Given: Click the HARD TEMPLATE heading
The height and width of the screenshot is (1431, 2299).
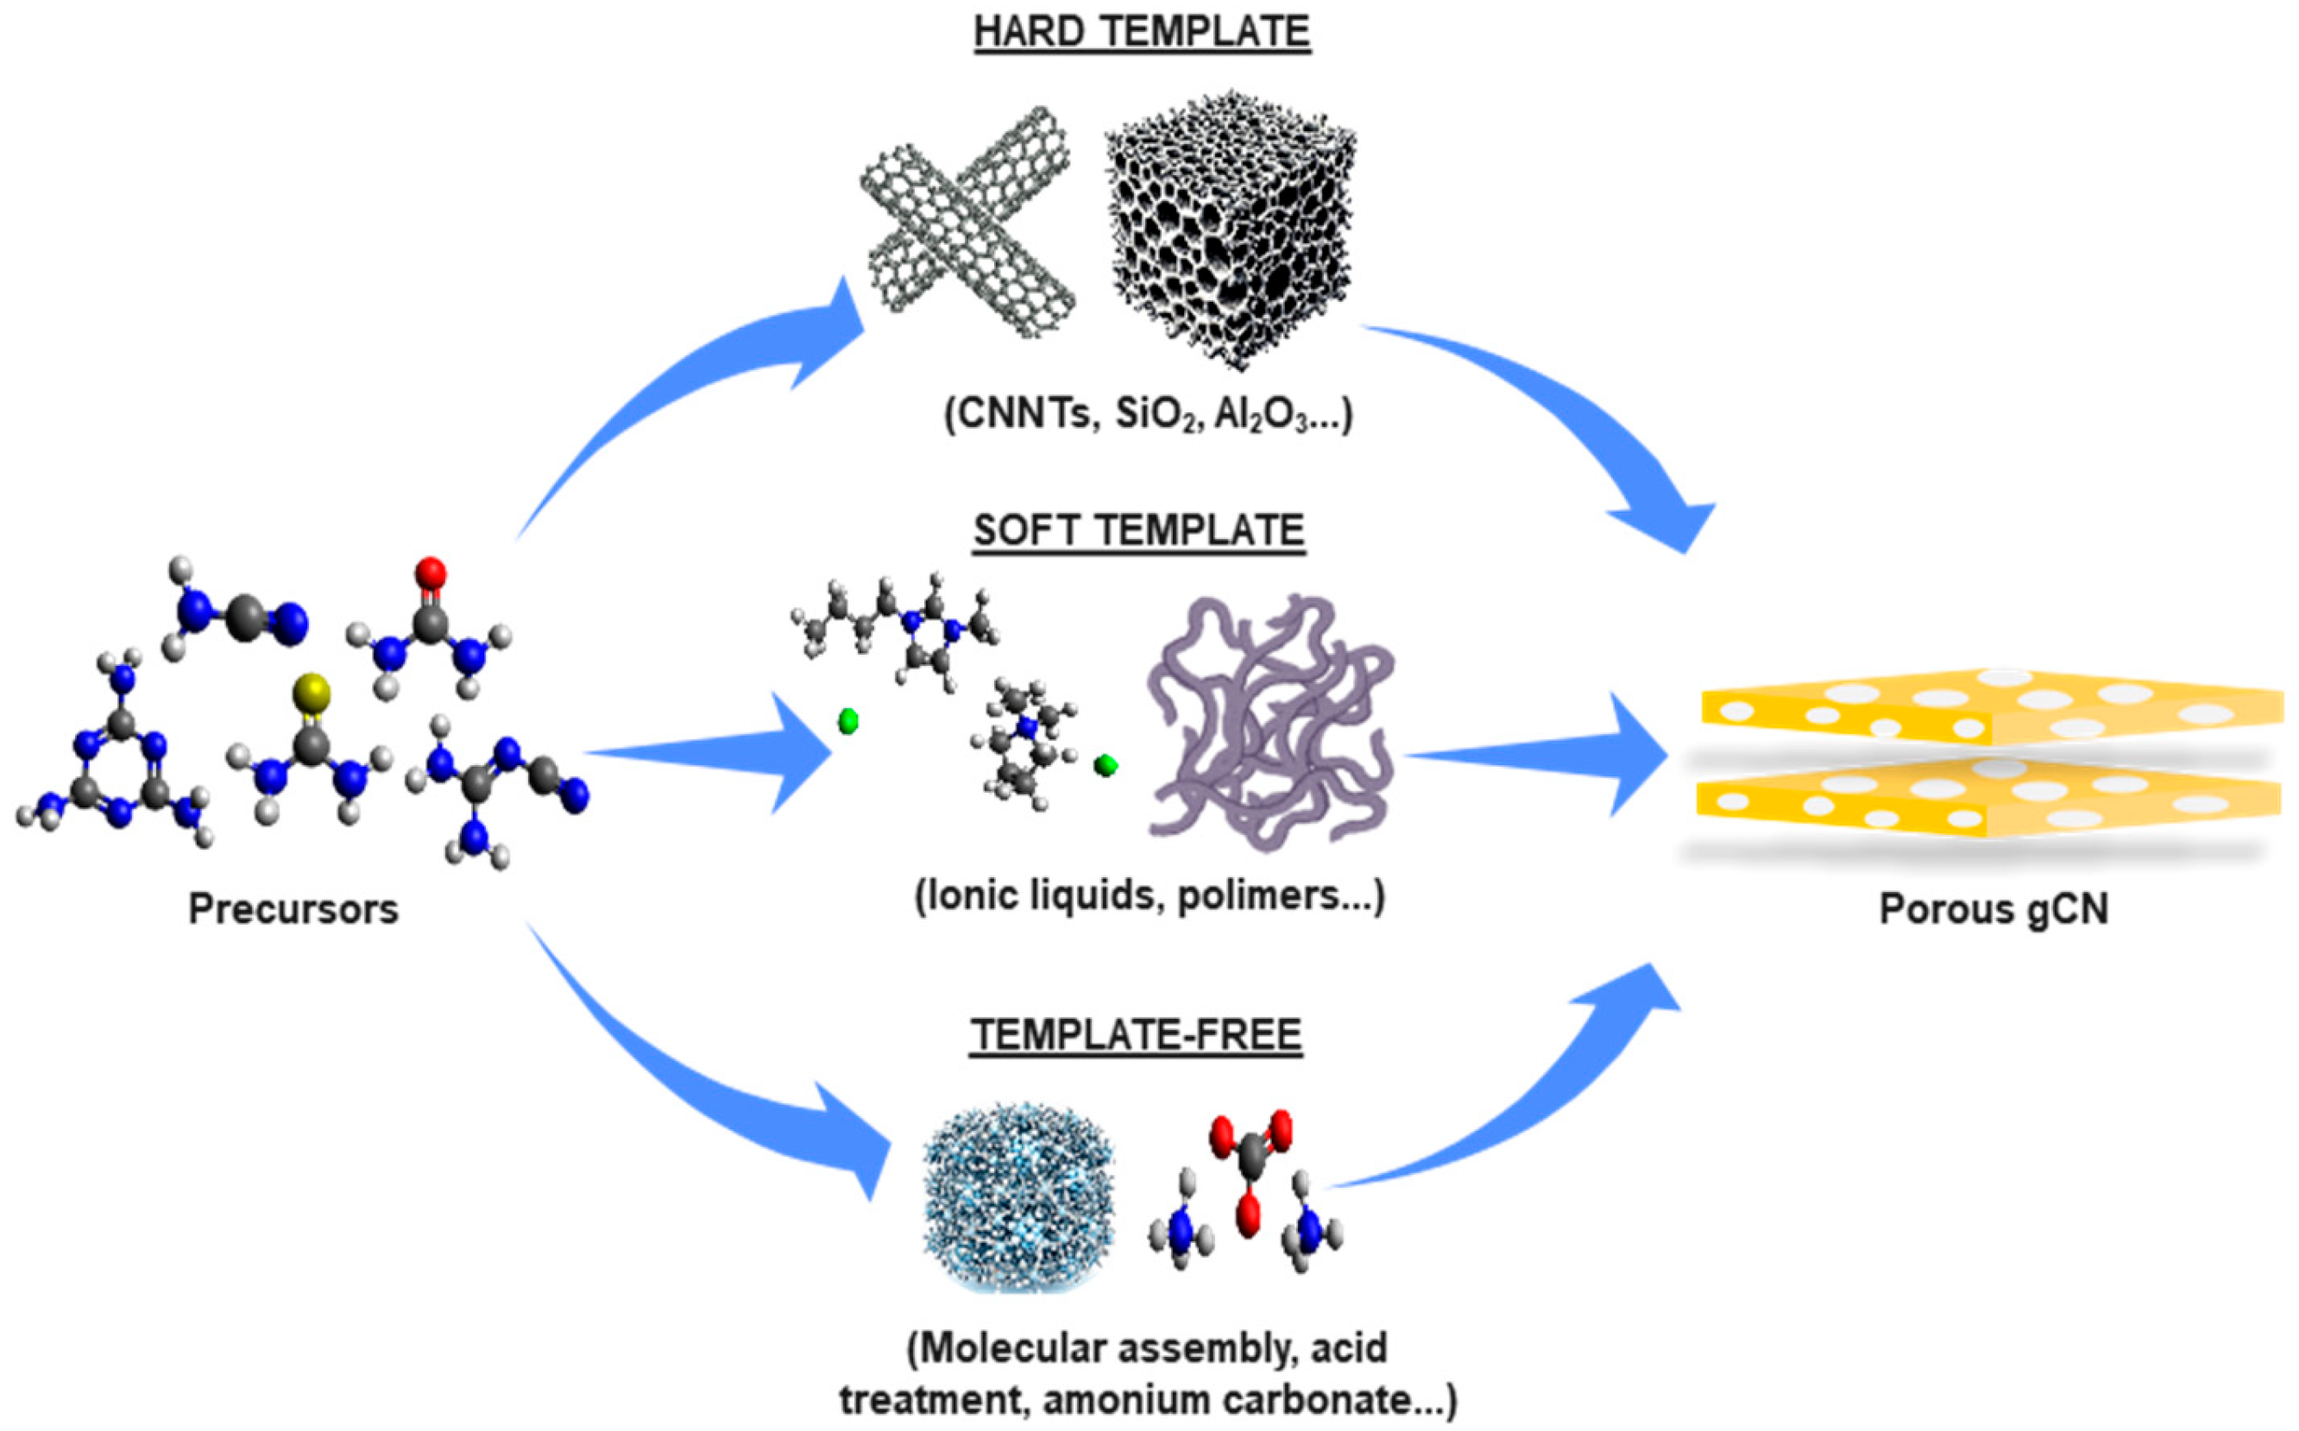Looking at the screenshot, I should pos(1142,32).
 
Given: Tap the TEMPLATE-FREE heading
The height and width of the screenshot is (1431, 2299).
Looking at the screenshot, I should pos(1137,1034).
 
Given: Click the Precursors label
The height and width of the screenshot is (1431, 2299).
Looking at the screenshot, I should pos(293,909).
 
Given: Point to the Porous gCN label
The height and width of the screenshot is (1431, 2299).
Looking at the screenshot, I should pos(1994,909).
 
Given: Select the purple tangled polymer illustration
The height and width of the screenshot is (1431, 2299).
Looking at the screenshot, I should pos(1269,719).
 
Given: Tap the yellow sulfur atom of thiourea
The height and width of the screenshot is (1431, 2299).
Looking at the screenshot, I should pos(312,693).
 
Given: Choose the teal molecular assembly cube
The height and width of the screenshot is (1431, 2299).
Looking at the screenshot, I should pos(1017,1196).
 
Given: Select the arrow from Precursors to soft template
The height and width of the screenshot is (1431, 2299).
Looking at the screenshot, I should pos(710,752).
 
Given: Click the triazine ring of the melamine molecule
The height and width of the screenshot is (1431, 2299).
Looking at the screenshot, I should pos(118,767).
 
